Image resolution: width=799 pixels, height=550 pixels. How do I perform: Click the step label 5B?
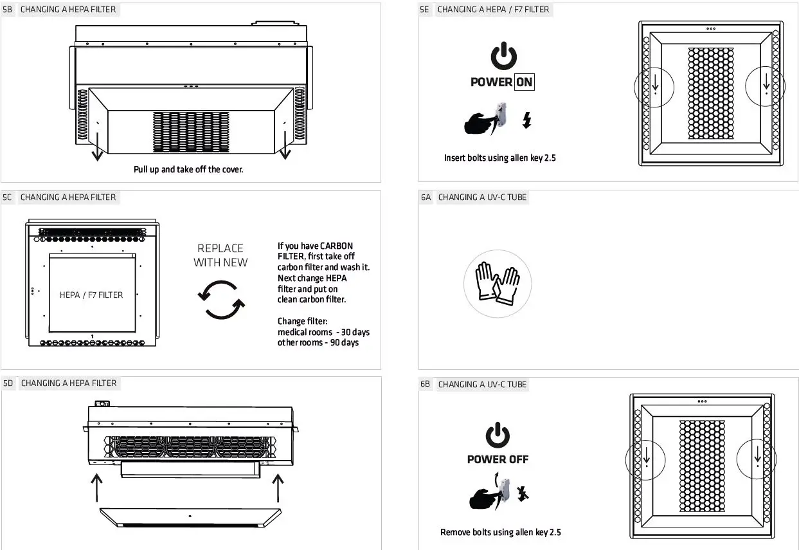[x=8, y=10]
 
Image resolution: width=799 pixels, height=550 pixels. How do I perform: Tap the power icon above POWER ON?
[x=503, y=57]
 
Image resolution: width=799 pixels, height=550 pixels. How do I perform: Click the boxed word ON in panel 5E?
[x=524, y=82]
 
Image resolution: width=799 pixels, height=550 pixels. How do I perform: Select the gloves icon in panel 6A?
[x=497, y=284]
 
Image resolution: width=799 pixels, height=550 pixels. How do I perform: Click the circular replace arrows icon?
[x=220, y=300]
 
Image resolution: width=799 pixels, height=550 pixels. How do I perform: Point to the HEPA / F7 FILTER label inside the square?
[x=91, y=295]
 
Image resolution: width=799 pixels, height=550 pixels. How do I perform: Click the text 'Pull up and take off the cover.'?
[x=188, y=170]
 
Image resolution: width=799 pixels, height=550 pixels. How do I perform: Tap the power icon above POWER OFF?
[x=498, y=435]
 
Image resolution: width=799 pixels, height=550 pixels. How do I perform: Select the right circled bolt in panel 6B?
[x=757, y=459]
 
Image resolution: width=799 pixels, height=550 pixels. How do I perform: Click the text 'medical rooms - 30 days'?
[x=323, y=332]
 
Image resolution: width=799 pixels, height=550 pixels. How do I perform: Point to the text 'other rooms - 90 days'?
[x=318, y=343]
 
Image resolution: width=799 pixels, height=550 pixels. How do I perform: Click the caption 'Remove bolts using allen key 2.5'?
[x=500, y=532]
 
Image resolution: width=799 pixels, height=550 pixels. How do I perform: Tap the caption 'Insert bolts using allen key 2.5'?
[x=499, y=158]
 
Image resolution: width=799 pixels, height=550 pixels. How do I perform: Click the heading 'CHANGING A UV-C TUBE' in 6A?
[x=482, y=197]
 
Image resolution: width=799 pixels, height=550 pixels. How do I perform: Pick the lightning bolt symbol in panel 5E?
[x=526, y=120]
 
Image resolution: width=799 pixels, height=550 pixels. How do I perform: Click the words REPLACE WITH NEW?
[x=220, y=255]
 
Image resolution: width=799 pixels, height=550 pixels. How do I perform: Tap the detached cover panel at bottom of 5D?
[x=190, y=517]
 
